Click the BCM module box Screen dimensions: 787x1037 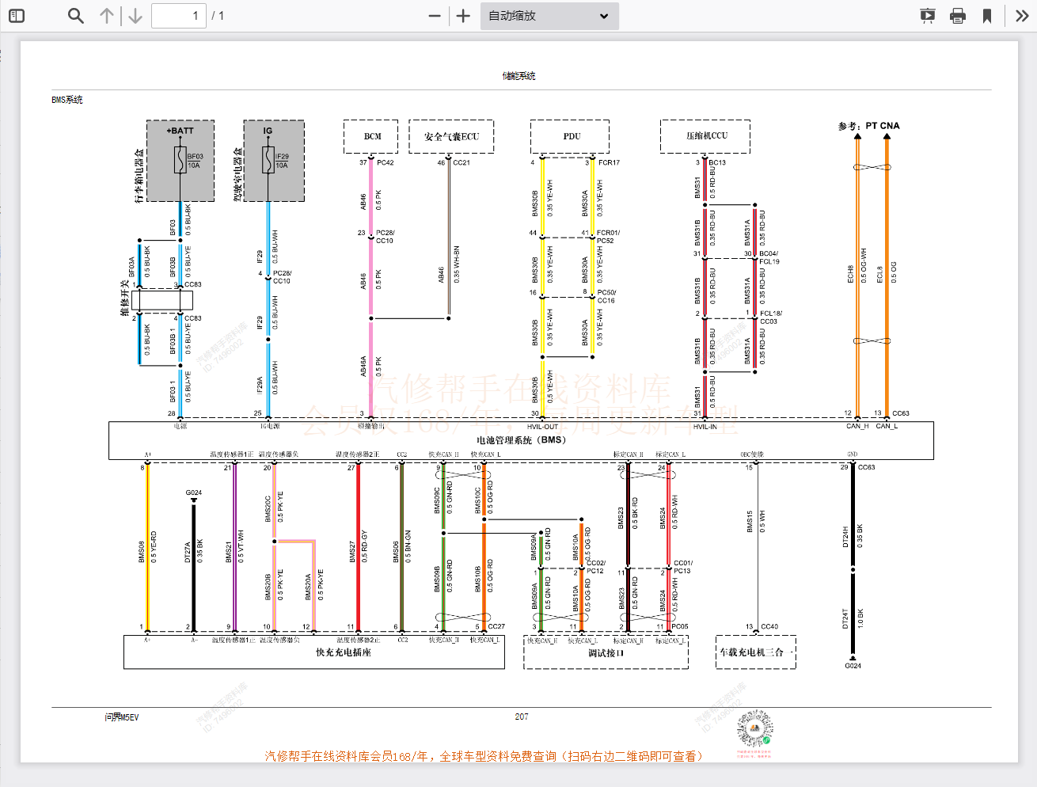pyautogui.click(x=371, y=137)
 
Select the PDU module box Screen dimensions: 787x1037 pyautogui.click(x=570, y=137)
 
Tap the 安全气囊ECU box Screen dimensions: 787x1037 pyautogui.click(x=451, y=137)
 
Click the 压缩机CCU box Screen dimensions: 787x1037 pyautogui.click(x=705, y=136)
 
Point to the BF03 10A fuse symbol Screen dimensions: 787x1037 pyautogui.click(x=180, y=161)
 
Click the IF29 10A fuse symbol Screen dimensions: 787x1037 pyautogui.click(x=268, y=161)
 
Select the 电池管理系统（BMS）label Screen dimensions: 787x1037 pyautogui.click(x=521, y=440)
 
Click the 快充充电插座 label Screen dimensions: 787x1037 pyautogui.click(x=343, y=652)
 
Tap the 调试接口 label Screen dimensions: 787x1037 pyautogui.click(x=606, y=653)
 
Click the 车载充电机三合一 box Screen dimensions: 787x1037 pyautogui.click(x=755, y=652)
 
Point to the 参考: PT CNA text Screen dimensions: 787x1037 pyautogui.click(x=868, y=126)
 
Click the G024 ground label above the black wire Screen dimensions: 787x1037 pyautogui.click(x=194, y=492)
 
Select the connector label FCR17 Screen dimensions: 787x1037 pyautogui.click(x=609, y=163)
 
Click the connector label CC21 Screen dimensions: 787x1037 pyautogui.click(x=461, y=163)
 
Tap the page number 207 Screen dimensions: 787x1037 pyautogui.click(x=521, y=717)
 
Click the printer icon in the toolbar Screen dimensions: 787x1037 pyautogui.click(x=958, y=16)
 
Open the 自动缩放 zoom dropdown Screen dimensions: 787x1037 pyautogui.click(x=549, y=16)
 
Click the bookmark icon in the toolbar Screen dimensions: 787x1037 pyautogui.click(x=987, y=16)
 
